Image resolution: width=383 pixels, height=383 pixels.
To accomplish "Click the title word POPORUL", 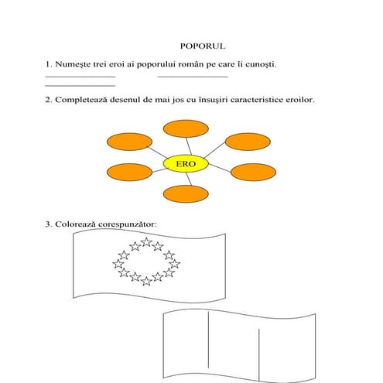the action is pyautogui.click(x=203, y=46).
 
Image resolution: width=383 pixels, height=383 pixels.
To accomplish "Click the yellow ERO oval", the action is pyautogui.click(x=186, y=164).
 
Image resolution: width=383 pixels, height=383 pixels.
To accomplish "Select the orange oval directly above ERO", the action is pyautogui.click(x=186, y=128).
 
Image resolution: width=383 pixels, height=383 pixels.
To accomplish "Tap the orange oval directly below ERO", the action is pyautogui.click(x=186, y=193).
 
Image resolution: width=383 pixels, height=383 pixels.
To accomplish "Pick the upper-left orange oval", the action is pyautogui.click(x=129, y=142).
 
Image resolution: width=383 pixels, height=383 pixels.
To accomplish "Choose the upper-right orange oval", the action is pyautogui.click(x=248, y=142).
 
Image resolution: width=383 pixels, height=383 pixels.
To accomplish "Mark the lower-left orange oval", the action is pyautogui.click(x=129, y=173).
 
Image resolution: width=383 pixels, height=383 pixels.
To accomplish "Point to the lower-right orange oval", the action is pyautogui.click(x=253, y=173).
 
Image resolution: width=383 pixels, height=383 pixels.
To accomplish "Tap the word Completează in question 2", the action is pyautogui.click(x=81, y=100).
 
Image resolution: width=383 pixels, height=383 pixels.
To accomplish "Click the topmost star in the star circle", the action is pyautogui.click(x=146, y=242).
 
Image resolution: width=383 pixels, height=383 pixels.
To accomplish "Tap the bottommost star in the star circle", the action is pyautogui.click(x=146, y=281).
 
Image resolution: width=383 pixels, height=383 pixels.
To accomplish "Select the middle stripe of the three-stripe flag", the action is pyautogui.click(x=234, y=346).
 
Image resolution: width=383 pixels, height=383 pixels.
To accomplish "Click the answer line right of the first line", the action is pyautogui.click(x=193, y=77).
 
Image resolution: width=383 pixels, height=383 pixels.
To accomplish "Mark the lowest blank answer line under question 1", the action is pyautogui.click(x=80, y=86).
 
